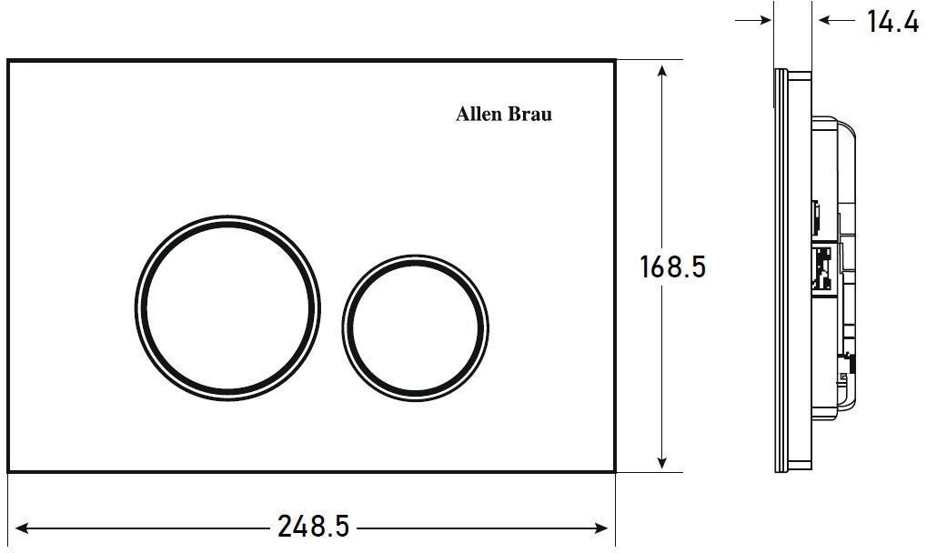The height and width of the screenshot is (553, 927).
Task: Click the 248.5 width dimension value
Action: (313, 527)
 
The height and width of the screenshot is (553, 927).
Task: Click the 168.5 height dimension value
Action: (673, 266)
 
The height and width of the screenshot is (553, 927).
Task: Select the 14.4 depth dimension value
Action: (892, 22)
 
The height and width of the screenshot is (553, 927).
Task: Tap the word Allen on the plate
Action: (479, 114)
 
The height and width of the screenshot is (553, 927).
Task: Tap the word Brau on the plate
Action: (530, 114)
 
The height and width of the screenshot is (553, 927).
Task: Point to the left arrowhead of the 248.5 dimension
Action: (23, 528)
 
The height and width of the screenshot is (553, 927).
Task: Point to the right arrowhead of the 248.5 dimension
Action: (600, 528)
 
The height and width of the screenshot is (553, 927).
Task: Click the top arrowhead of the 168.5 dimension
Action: (662, 73)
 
